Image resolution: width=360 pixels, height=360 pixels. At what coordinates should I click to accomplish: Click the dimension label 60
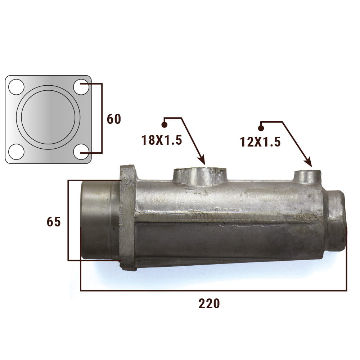[x=114, y=119]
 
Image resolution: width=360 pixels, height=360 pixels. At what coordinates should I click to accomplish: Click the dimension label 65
[x=54, y=222]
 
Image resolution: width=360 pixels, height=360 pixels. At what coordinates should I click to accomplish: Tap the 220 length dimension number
[x=209, y=303]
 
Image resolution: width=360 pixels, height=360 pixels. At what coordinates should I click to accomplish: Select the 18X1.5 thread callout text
[x=162, y=140]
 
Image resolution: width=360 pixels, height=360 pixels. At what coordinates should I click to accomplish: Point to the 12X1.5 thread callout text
[x=260, y=141]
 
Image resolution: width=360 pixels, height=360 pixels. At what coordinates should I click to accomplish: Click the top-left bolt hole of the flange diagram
[x=16, y=87]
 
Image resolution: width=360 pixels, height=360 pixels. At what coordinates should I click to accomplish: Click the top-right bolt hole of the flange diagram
[x=81, y=87]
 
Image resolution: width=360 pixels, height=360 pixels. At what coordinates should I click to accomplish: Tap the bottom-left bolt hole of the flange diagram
[x=16, y=152]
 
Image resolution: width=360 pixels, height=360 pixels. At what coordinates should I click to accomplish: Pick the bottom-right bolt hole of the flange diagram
[x=81, y=152]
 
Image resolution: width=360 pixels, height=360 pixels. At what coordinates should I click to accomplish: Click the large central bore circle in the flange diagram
[x=48, y=90]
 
